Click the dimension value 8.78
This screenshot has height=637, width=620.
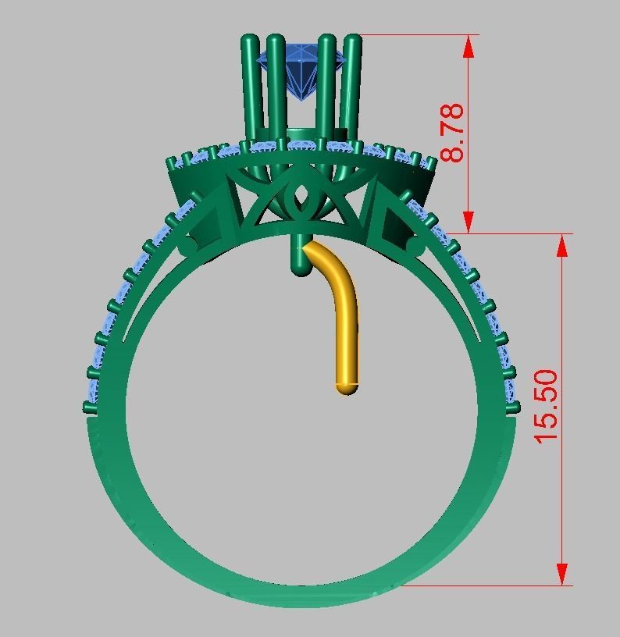tap(453, 132)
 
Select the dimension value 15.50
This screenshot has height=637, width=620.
tap(547, 405)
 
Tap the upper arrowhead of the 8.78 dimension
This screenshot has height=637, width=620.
tap(469, 45)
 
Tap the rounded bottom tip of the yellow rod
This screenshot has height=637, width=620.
tap(347, 386)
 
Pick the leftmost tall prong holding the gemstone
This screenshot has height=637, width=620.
tap(251, 86)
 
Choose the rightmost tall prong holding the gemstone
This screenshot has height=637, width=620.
tap(352, 86)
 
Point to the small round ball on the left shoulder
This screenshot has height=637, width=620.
tap(188, 247)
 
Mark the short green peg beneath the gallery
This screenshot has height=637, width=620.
tap(299, 258)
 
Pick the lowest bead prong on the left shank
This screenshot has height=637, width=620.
tap(89, 407)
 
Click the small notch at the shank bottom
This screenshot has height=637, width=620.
tap(301, 581)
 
